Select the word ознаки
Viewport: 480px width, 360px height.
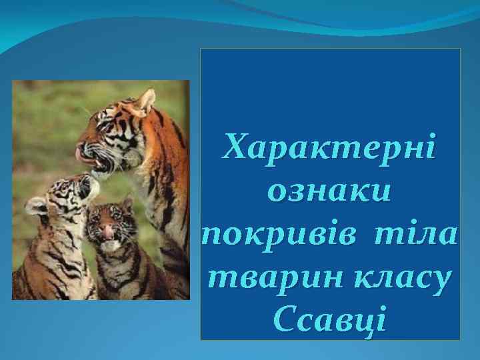coord(329,191)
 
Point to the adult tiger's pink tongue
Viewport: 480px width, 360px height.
coord(81,154)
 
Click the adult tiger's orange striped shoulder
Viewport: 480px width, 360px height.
coord(160,173)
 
